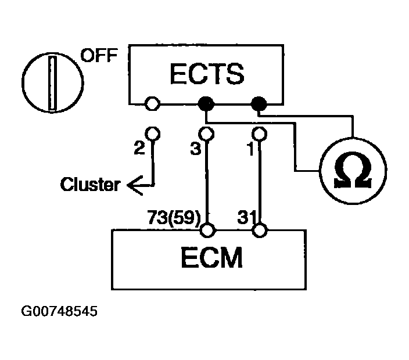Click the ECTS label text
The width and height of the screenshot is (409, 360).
207,74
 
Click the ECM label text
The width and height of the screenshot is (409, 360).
212,258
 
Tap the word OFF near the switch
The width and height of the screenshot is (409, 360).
99,55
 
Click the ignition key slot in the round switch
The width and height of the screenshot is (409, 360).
52,83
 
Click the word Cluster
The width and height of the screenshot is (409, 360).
90,184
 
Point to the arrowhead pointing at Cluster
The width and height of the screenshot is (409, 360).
135,185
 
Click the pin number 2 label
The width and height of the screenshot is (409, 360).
139,148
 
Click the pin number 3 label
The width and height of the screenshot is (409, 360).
195,149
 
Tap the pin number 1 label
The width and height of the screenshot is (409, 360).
250,149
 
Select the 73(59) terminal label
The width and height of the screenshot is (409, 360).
174,217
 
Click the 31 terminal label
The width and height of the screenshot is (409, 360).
246,217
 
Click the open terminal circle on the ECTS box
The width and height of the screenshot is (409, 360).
152,103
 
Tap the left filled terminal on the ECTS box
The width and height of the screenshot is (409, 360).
206,104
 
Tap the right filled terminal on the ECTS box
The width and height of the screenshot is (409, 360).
259,104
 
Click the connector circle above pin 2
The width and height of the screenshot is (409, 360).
153,134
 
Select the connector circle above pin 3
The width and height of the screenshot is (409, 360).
206,134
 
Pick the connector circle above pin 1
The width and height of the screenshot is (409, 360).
259,134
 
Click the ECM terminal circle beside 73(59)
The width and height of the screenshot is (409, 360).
207,230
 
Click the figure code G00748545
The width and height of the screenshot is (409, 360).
59,311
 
